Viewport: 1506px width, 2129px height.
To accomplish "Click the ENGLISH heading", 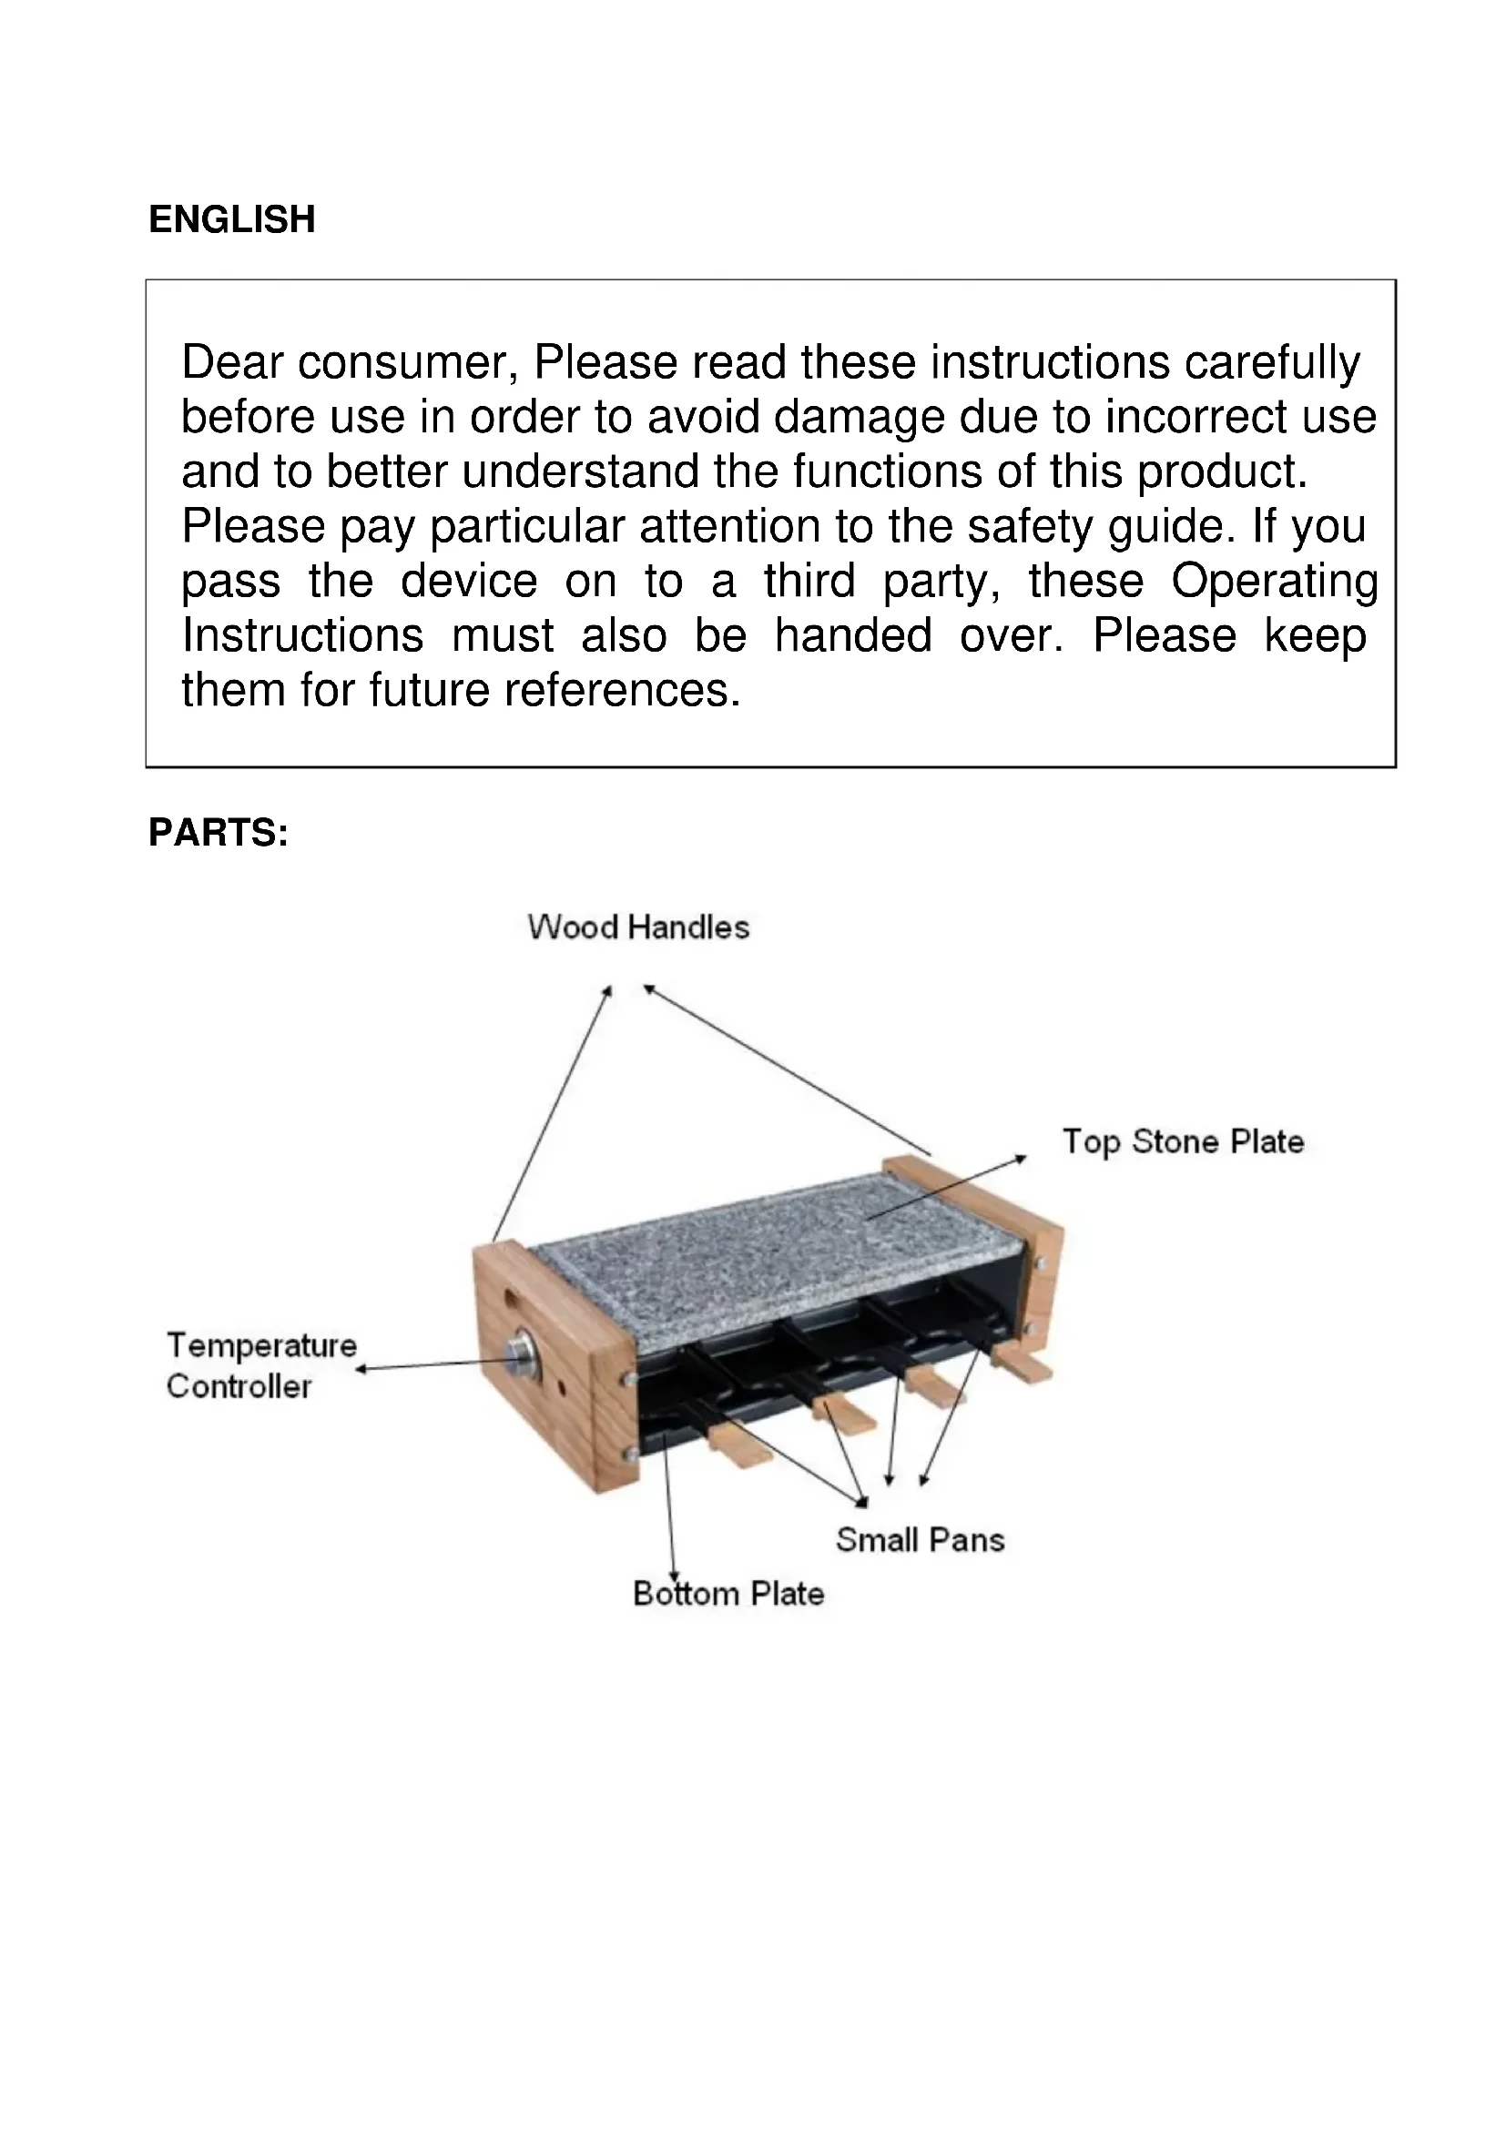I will pos(232,219).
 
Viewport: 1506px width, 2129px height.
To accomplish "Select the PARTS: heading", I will pos(218,833).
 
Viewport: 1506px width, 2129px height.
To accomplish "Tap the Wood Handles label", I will pos(638,928).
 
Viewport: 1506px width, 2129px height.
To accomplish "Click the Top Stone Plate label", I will pos(1183,1141).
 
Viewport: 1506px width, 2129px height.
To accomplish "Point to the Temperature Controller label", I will pos(260,1366).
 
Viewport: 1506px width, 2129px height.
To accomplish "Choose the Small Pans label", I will pos(920,1540).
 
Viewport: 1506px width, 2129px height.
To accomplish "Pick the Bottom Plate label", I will pos(728,1593).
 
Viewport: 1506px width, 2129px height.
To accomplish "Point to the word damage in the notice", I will pos(859,417).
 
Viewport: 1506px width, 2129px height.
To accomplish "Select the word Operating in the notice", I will pos(1274,582).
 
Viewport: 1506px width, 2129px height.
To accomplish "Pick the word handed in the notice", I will pos(853,636).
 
